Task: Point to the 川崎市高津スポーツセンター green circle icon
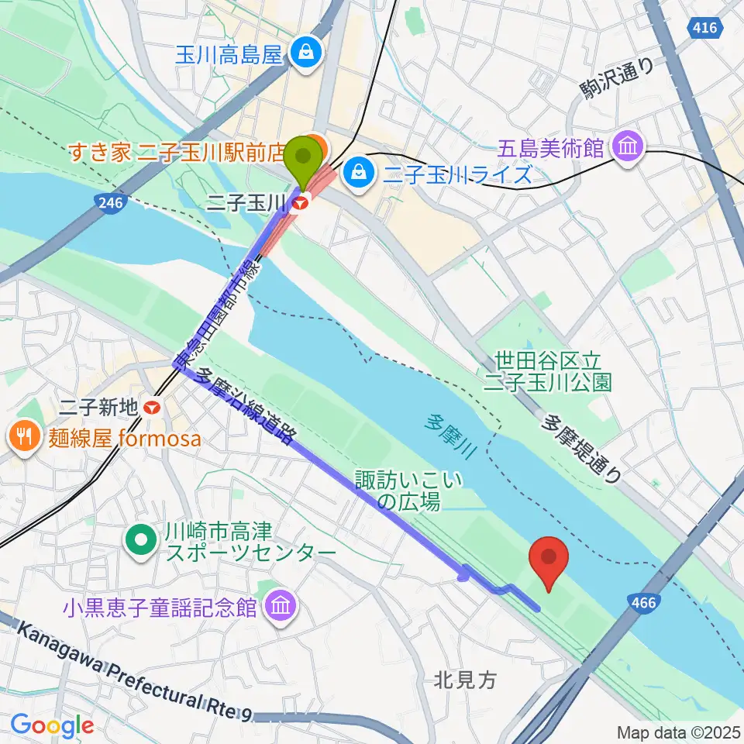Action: [141, 540]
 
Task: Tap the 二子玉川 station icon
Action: [301, 202]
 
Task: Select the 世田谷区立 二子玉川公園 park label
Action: [548, 370]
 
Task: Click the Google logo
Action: [52, 725]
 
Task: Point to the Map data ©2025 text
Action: [678, 732]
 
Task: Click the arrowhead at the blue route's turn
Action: [467, 573]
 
